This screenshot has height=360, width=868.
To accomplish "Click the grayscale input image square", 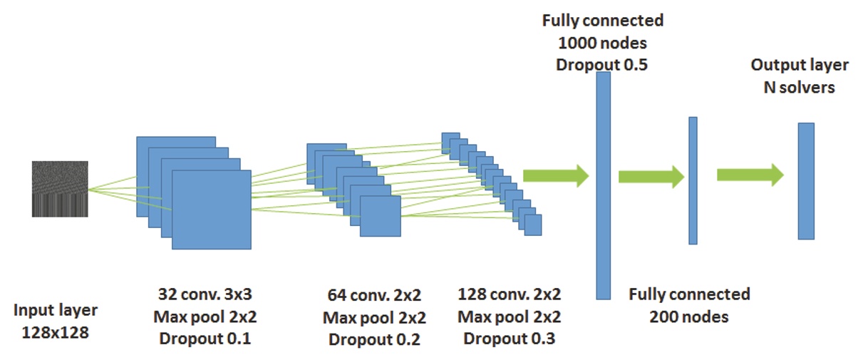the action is pos(59,189).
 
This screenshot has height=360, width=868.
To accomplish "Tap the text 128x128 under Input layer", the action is pos(55,331).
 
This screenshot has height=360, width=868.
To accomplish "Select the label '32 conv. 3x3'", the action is pos(205,294).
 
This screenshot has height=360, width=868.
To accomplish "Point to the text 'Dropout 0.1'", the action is pos(205,339).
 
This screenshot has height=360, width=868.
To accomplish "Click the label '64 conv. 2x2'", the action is pos(373,294).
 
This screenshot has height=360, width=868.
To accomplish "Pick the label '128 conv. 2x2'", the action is pos(509,294).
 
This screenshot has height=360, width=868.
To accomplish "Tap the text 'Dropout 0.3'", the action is pos(509,338).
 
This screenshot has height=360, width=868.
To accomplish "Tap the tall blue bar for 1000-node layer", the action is pos(603,185).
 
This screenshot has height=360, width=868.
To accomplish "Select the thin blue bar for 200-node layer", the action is pos(692,180).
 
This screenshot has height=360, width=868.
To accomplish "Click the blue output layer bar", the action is pos(805,181).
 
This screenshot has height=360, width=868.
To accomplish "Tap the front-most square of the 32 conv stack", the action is pos(212,210).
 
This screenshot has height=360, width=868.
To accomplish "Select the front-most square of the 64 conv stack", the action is pos(380,216).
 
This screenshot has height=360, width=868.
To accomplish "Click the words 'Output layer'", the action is pos(799,66).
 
